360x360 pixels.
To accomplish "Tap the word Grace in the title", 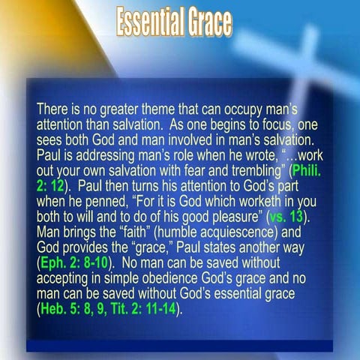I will coord(207,24).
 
